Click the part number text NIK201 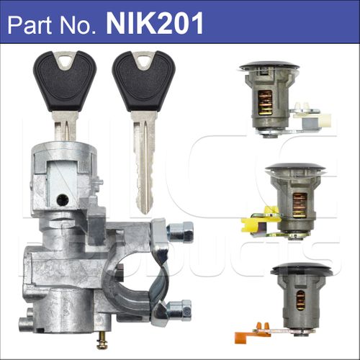point(155,24)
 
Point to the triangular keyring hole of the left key point(65,60)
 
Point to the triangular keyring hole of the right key point(143,60)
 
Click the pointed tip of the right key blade point(145,213)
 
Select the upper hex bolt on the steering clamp point(181,231)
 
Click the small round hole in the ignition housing point(63,199)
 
